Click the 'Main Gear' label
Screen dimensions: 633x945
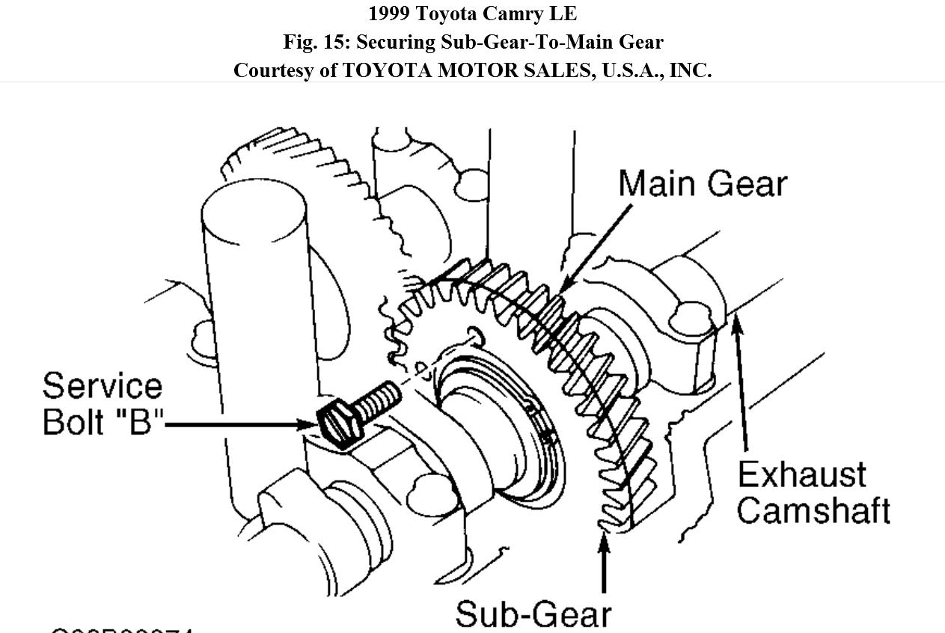tap(703, 183)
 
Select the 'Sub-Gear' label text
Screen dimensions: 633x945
tap(533, 614)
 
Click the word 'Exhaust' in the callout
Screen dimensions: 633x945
tap(801, 475)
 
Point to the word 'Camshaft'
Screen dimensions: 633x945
tap(813, 511)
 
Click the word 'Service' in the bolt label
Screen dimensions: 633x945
tap(102, 386)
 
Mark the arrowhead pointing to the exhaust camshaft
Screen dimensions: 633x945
tap(736, 323)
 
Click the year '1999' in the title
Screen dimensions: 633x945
tap(390, 13)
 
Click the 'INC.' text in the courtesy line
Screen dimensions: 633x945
tap(690, 70)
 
